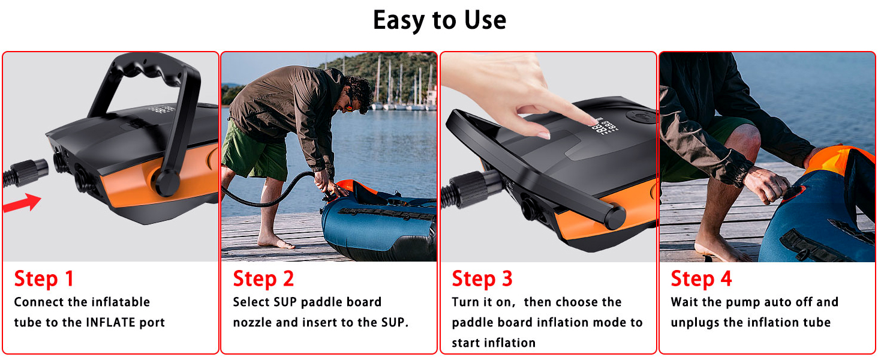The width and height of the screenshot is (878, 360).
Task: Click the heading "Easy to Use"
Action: coord(440,20)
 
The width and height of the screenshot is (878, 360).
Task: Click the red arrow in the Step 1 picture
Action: coord(22,203)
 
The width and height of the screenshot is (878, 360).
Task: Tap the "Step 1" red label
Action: coord(44,279)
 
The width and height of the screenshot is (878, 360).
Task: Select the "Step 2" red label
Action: coord(263,279)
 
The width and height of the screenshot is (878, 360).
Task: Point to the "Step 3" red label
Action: coord(482,279)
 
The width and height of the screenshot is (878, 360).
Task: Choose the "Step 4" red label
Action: coord(701,279)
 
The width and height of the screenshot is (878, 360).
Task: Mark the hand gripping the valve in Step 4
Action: coord(768,184)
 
